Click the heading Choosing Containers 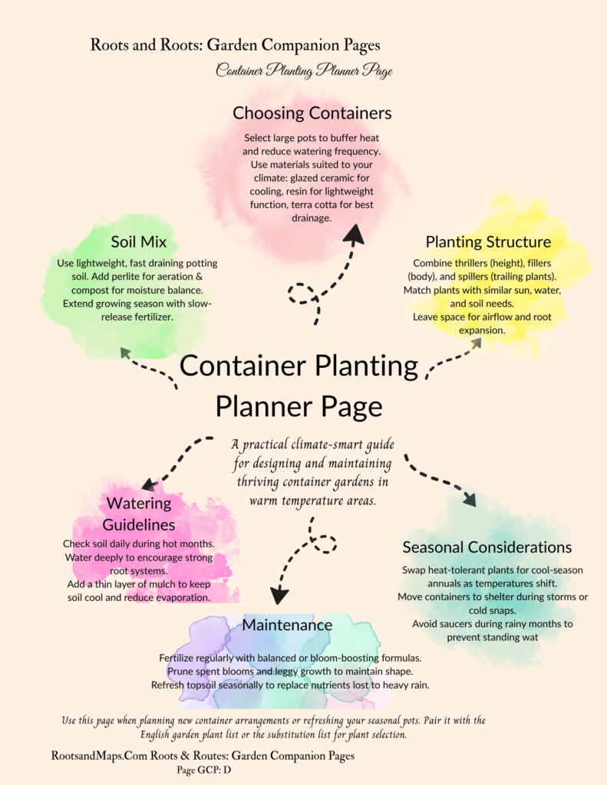[x=312, y=113]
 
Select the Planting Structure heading [x=488, y=242]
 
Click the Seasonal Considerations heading [x=487, y=547]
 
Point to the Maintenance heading [x=287, y=625]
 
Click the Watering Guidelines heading [x=139, y=514]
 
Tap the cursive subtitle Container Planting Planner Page [x=304, y=71]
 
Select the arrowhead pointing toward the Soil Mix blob [x=124, y=352]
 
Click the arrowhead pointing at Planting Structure [x=476, y=344]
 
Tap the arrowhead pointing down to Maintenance [x=279, y=594]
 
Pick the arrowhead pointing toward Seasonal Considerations [x=469, y=499]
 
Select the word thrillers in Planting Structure [x=466, y=263]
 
